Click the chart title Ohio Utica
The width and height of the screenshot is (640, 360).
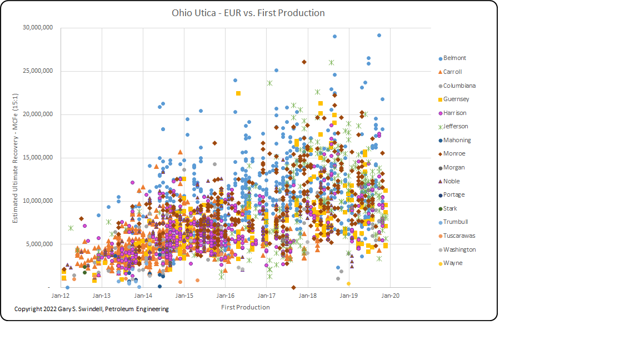tap(248, 13)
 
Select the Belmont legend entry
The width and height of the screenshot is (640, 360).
tap(454, 58)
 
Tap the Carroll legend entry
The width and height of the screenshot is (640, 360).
tap(452, 72)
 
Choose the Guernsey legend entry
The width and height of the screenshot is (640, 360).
tap(456, 99)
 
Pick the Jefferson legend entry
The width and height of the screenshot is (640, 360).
tap(456, 127)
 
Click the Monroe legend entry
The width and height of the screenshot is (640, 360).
tap(454, 154)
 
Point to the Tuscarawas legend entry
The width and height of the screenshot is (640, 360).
tap(458, 236)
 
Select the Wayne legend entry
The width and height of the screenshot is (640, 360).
tap(452, 263)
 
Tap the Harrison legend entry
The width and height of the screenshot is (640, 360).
tap(454, 113)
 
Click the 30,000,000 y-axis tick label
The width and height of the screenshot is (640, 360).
tap(38, 28)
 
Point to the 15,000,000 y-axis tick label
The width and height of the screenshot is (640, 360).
tap(38, 158)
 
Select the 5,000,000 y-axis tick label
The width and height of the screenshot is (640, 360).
tap(39, 244)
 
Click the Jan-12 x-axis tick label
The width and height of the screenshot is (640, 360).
tap(61, 296)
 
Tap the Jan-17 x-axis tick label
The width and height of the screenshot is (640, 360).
tap(267, 296)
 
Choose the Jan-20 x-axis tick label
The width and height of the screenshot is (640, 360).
tap(390, 296)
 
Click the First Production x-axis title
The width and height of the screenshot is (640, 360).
tap(245, 307)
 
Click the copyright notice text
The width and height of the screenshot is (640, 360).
tap(92, 309)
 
